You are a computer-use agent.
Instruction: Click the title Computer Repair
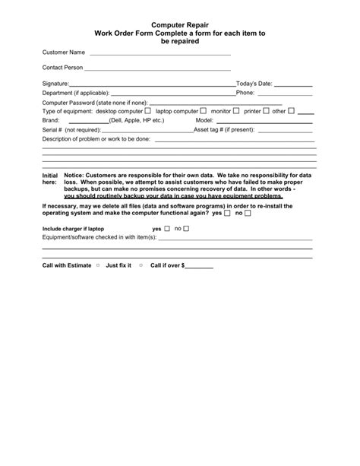coord(180,25)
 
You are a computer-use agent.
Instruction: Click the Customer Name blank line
coord(159,54)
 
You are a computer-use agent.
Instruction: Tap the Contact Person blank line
coord(159,68)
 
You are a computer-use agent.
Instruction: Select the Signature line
coord(152,84)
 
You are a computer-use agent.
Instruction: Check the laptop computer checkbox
coord(203,111)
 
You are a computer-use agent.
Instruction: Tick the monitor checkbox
coord(236,111)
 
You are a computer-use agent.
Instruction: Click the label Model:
coord(205,121)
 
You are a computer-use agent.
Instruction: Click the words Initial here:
coord(49,179)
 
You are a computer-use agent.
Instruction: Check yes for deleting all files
coord(227,214)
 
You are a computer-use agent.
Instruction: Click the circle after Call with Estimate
coord(98,266)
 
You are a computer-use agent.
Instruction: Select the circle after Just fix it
coord(141,266)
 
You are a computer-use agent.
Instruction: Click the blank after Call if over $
coord(200,268)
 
